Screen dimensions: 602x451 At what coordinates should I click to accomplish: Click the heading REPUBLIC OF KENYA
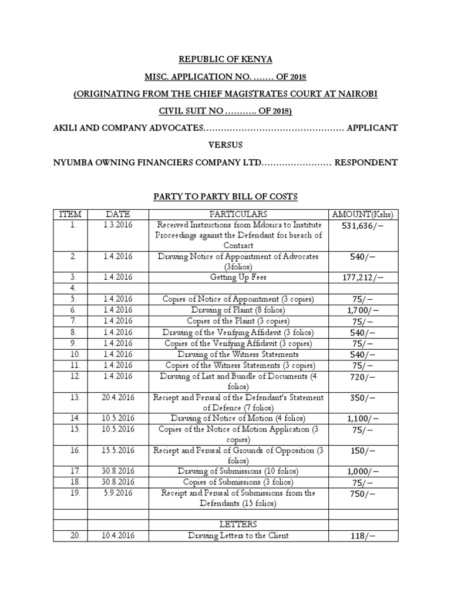pyautogui.click(x=225, y=59)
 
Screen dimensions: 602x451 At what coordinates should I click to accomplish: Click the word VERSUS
pyautogui.click(x=225, y=145)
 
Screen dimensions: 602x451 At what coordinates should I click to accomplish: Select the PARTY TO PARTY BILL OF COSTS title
pyautogui.click(x=225, y=196)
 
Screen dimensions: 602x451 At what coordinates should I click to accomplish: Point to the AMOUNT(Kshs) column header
pyautogui.click(x=363, y=214)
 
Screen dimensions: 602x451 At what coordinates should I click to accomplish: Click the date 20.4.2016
pyautogui.click(x=118, y=397)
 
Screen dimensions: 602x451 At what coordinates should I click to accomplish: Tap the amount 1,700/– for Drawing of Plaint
pyautogui.click(x=363, y=310)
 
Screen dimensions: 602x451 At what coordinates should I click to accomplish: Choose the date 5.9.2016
pyautogui.click(x=118, y=493)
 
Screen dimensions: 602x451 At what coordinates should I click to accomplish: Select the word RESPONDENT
pyautogui.click(x=366, y=162)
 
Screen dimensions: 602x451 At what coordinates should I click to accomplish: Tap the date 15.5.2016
pyautogui.click(x=118, y=450)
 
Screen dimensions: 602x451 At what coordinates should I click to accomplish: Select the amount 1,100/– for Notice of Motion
pyautogui.click(x=363, y=419)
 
